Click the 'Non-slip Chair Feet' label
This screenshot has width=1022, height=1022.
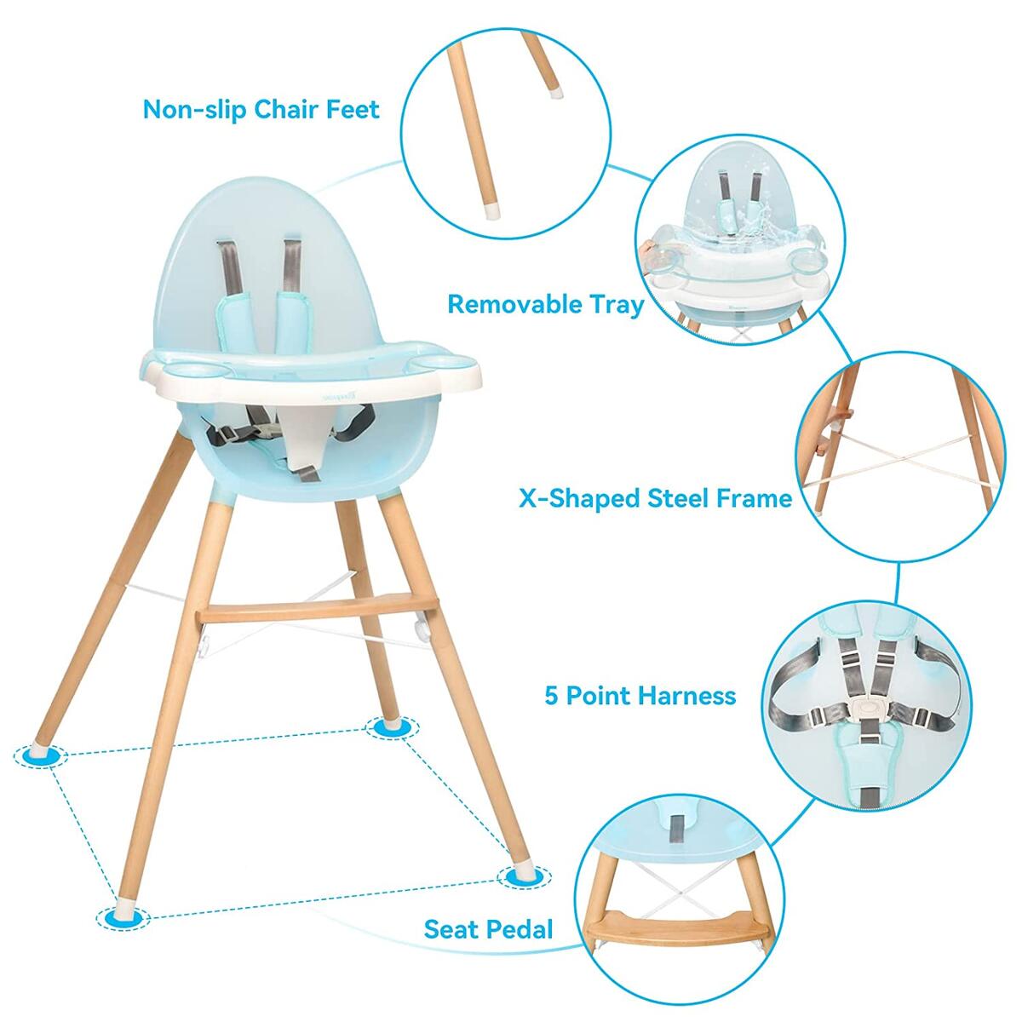coord(261,110)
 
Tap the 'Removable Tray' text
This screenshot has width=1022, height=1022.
coord(546,304)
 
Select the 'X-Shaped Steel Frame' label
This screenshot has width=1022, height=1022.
coord(655,498)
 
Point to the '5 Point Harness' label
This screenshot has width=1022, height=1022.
coord(640,696)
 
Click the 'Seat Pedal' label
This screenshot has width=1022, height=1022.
coord(488,928)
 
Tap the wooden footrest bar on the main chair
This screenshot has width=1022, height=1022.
coord(315,611)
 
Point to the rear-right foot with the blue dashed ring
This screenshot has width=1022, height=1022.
coord(393,726)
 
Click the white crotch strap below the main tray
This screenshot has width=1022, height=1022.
coord(302,443)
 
